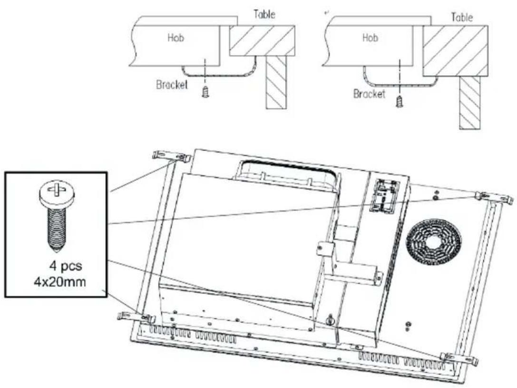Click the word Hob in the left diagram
(176, 38)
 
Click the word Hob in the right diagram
(370, 38)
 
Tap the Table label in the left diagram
(264, 14)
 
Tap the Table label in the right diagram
(462, 17)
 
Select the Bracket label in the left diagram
(172, 85)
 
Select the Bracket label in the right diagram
(369, 94)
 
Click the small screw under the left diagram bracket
(205, 92)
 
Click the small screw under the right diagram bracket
(400, 101)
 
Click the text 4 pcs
(66, 266)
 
